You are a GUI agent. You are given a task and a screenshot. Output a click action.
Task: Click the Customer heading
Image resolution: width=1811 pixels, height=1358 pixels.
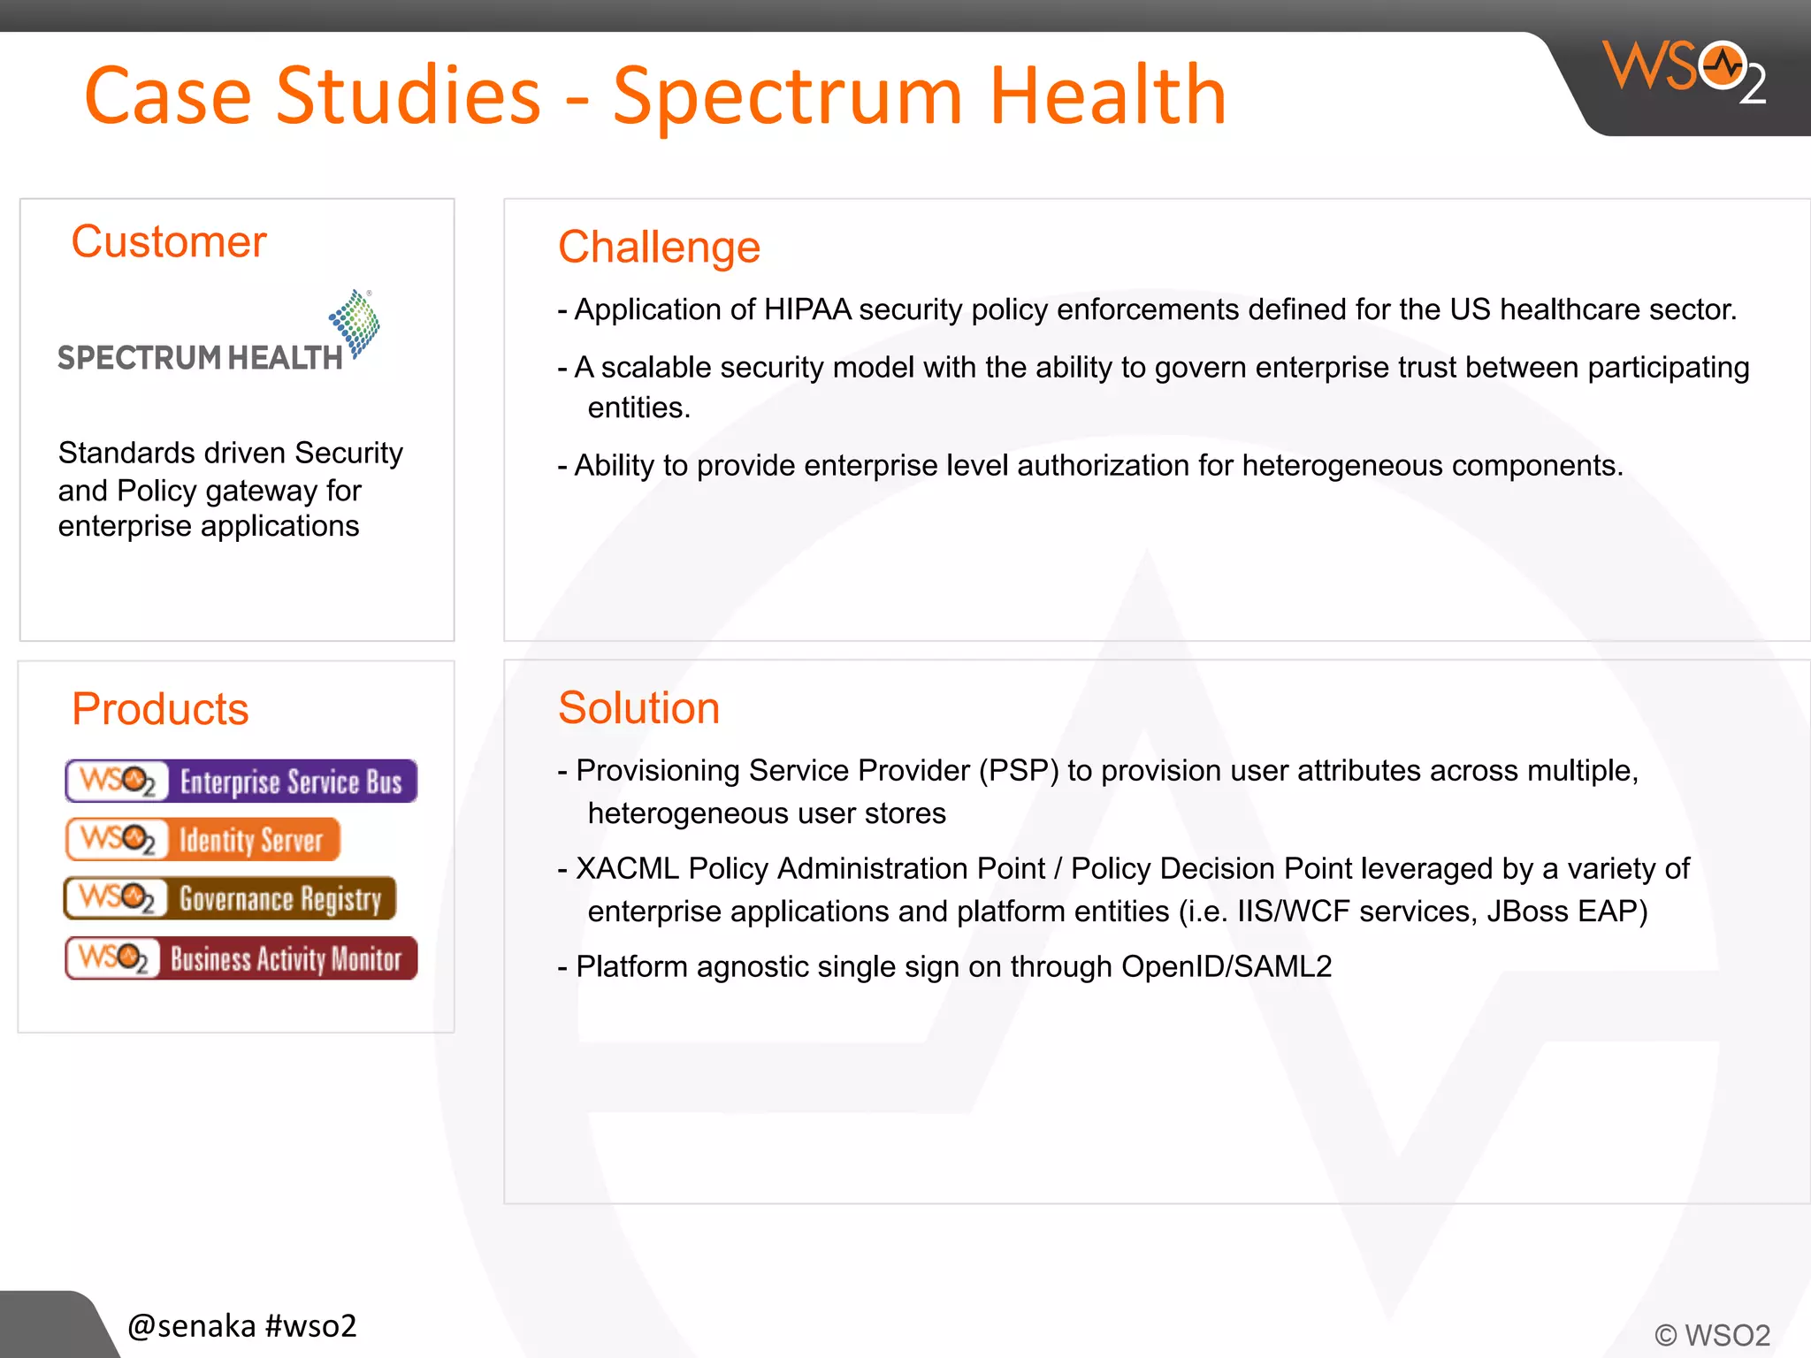tap(168, 241)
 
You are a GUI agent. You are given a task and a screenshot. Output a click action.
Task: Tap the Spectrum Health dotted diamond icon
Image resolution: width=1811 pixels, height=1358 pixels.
tap(355, 323)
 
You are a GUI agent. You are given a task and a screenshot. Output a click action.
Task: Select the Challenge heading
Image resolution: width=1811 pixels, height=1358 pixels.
tap(659, 247)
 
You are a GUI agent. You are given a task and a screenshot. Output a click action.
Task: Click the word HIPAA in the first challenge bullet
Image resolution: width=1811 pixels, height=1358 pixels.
tap(806, 309)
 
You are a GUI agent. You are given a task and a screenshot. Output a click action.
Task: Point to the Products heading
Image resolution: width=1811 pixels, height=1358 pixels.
tap(160, 709)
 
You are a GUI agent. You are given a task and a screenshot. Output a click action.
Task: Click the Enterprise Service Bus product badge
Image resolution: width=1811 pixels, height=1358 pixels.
tap(241, 782)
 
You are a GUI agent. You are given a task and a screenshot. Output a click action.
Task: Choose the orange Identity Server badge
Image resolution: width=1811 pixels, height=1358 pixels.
tap(202, 839)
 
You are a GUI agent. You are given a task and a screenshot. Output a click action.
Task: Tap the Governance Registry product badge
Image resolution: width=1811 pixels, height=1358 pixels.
tap(230, 898)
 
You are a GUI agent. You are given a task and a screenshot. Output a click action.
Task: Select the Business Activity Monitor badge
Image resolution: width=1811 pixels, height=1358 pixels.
tap(241, 958)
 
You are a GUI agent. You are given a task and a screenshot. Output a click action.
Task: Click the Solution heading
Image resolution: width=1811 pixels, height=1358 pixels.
tap(638, 708)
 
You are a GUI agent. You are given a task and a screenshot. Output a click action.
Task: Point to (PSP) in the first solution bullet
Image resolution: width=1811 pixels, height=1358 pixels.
tap(1018, 771)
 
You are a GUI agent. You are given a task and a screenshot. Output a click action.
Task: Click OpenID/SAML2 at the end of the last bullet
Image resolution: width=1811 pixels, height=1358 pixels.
tap(1226, 966)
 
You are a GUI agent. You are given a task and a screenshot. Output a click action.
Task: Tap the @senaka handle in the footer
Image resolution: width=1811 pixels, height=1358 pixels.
tap(192, 1325)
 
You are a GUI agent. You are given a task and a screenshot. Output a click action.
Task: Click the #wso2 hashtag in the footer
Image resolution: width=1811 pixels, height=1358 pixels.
tap(310, 1325)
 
